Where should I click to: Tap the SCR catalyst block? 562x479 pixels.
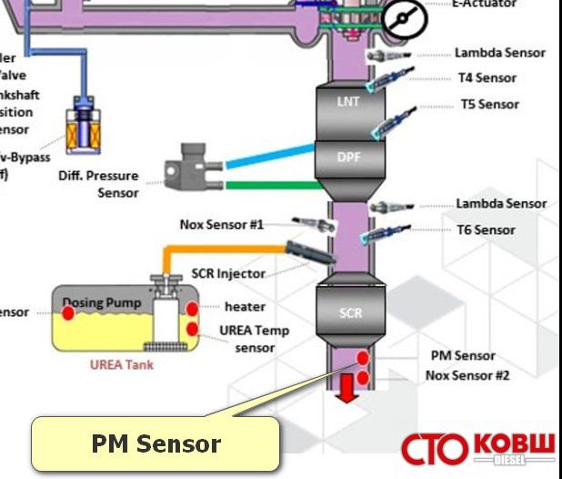click(x=350, y=312)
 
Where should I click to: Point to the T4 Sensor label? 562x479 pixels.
click(x=487, y=77)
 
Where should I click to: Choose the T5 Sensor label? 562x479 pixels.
click(x=489, y=104)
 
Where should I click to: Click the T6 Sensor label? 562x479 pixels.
click(x=487, y=229)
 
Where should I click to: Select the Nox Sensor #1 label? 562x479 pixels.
click(x=221, y=223)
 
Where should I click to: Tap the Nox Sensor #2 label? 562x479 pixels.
click(x=468, y=374)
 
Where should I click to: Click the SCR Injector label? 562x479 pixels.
click(x=228, y=273)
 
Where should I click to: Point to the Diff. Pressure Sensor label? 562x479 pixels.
click(x=98, y=184)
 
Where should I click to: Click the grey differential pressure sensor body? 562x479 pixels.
click(x=189, y=168)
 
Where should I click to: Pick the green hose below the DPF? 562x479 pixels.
click(x=268, y=185)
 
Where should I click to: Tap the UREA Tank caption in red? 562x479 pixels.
click(x=121, y=365)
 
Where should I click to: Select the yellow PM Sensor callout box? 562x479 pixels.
click(x=156, y=444)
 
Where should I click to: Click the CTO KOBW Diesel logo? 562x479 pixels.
click(x=478, y=448)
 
